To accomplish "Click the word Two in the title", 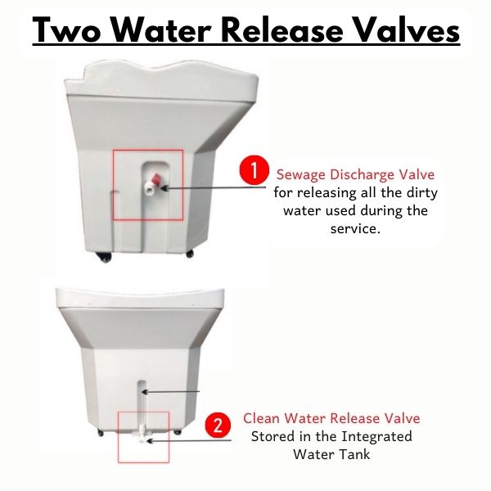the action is tap(66, 30).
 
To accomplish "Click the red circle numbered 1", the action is tap(254, 171).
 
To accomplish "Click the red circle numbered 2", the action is tap(218, 426).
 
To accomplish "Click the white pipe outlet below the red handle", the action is tap(148, 190).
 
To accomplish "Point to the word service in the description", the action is tap(355, 229).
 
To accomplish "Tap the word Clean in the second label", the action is tap(262, 418).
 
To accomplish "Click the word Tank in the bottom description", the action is tap(355, 454).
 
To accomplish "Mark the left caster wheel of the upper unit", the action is tap(105, 258).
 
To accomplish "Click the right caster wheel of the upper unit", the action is tap(190, 254).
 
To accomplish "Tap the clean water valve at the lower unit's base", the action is tap(142, 434).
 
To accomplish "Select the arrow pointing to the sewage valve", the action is tap(214, 188).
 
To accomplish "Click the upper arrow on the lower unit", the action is tap(171, 391).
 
